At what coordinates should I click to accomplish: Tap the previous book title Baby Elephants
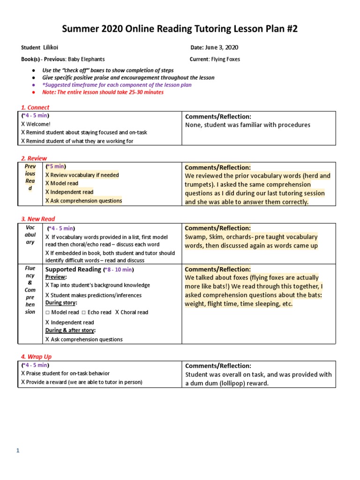click(x=86, y=60)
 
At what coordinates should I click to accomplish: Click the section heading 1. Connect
click(x=35, y=108)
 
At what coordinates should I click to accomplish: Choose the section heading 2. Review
click(x=34, y=158)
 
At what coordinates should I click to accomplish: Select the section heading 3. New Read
click(x=38, y=219)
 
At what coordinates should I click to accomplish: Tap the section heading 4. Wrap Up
click(x=36, y=357)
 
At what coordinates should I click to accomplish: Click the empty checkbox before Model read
click(x=47, y=313)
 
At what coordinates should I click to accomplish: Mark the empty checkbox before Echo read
click(x=83, y=313)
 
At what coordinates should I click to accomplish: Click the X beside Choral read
click(x=117, y=312)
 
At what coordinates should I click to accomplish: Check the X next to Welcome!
click(x=23, y=124)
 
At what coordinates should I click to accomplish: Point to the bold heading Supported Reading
click(x=73, y=270)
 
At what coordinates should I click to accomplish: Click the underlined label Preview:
click(x=56, y=277)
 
